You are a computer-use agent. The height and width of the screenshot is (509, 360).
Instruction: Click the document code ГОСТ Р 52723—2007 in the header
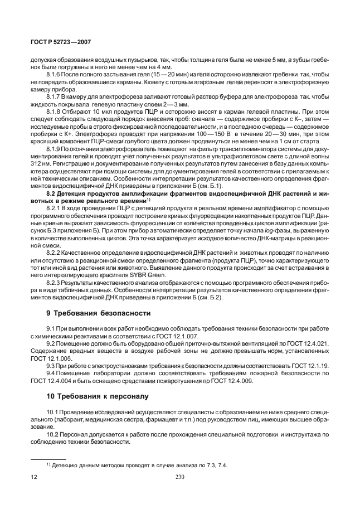tap(61, 42)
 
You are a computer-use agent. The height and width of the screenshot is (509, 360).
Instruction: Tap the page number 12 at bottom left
tap(33, 477)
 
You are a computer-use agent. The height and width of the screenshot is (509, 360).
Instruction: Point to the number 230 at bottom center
tap(179, 477)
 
